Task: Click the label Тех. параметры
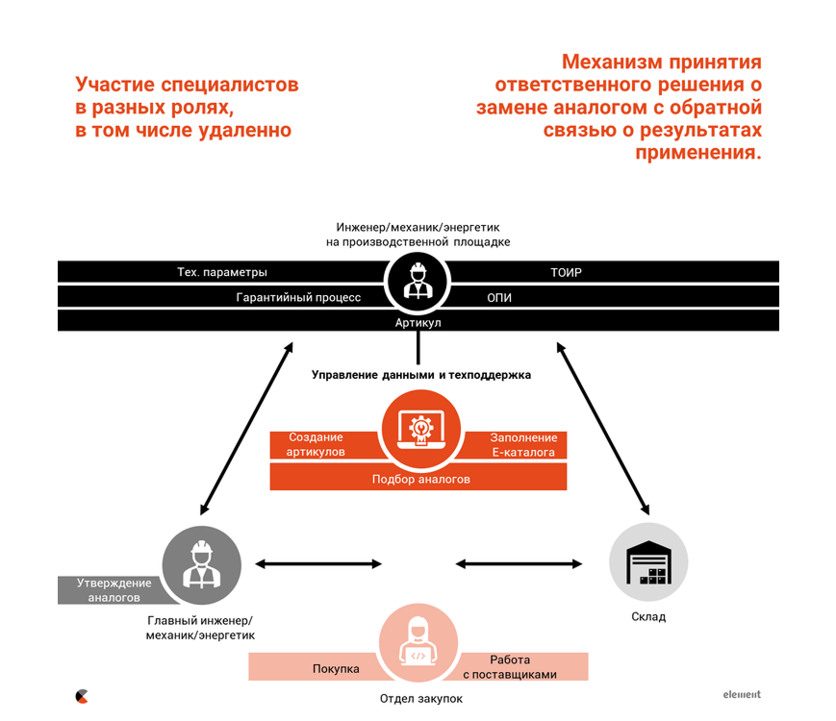pyautogui.click(x=222, y=272)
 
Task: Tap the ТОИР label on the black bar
pyautogui.click(x=567, y=272)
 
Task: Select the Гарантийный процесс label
pyautogui.click(x=298, y=297)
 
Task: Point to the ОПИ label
pyautogui.click(x=499, y=297)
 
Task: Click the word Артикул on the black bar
pyautogui.click(x=418, y=322)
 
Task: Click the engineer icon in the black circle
pyautogui.click(x=418, y=281)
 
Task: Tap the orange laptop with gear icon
pyautogui.click(x=420, y=430)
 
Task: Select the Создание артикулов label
pyautogui.click(x=316, y=444)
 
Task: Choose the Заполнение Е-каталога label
pyautogui.click(x=523, y=445)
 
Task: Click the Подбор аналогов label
pyautogui.click(x=420, y=479)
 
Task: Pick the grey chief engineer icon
pyautogui.click(x=201, y=564)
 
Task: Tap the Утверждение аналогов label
pyautogui.click(x=114, y=590)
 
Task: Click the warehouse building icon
pyautogui.click(x=648, y=562)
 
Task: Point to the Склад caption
pyautogui.click(x=648, y=616)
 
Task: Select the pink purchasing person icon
pyautogui.click(x=418, y=643)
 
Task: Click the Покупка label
pyautogui.click(x=336, y=669)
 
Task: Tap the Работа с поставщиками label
pyautogui.click(x=510, y=667)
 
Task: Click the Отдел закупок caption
pyautogui.click(x=421, y=699)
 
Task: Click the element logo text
pyautogui.click(x=742, y=694)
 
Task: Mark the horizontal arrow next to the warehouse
pyautogui.click(x=519, y=563)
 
